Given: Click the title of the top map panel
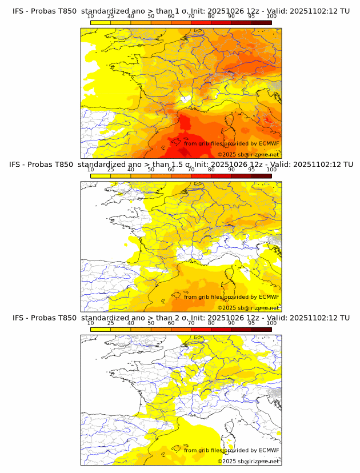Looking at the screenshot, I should click(180, 11).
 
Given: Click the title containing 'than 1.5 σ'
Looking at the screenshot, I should click(180, 164).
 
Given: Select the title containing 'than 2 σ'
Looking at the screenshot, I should click(180, 318).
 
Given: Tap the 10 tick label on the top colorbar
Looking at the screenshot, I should click(91, 16).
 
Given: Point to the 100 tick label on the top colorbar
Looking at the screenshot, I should click(271, 16).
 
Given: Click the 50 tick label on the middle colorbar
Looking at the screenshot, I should click(151, 170).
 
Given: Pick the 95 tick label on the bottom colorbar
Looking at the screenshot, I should click(251, 323).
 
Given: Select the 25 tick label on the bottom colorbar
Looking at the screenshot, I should click(111, 323).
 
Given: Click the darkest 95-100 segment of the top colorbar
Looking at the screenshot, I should click(262, 23).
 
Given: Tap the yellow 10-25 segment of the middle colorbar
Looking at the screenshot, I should click(101, 176).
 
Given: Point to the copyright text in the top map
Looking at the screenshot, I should click(248, 154).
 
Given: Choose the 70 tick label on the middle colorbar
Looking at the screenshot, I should click(191, 170).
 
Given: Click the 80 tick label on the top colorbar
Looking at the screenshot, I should click(211, 16).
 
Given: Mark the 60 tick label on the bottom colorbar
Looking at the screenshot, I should click(171, 323).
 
